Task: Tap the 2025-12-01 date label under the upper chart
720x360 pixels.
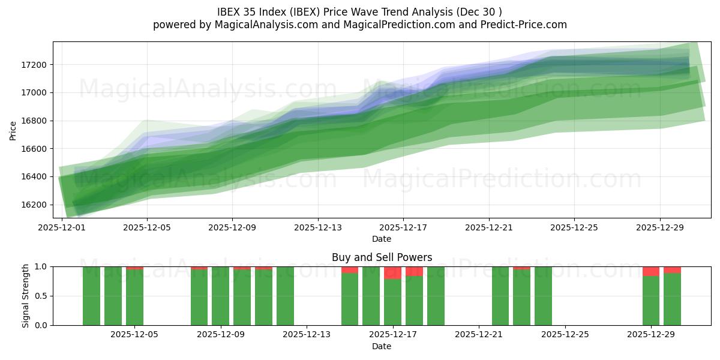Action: point(62,228)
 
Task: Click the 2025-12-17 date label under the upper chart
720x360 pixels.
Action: point(404,228)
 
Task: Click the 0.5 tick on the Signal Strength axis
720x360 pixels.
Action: point(42,296)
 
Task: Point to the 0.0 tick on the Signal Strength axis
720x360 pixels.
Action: point(42,325)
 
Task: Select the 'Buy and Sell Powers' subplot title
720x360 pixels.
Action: point(382,257)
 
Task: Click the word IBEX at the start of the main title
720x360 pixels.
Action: point(230,11)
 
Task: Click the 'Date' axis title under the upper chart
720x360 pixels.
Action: point(382,239)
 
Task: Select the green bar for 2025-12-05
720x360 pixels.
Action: point(134,298)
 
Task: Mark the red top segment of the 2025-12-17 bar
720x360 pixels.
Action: point(392,273)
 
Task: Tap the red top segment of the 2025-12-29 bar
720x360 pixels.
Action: point(651,271)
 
